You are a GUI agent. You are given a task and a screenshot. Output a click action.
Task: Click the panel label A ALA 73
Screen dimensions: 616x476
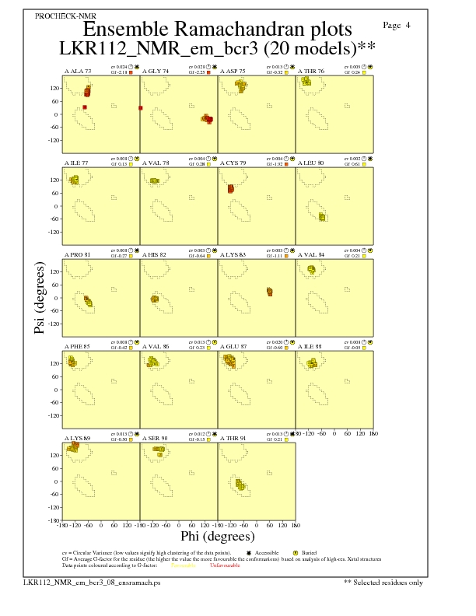coord(78,72)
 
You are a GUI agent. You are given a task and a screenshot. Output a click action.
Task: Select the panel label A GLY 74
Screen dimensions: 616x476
coord(156,72)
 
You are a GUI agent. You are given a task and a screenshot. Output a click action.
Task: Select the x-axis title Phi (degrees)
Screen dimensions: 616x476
coord(218,536)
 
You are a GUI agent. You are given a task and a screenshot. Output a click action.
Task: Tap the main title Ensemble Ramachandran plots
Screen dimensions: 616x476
coord(217,30)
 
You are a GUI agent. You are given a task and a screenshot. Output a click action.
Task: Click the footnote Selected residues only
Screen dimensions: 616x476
coord(387,582)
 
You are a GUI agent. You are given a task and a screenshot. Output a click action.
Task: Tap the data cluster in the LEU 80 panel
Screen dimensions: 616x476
coord(322,216)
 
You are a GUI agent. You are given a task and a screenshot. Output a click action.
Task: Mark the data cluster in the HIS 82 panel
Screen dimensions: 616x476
coord(155,299)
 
